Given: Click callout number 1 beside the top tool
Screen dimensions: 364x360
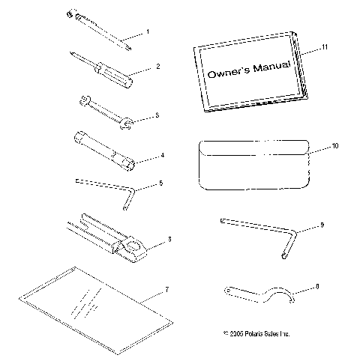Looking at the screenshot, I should click(147, 31).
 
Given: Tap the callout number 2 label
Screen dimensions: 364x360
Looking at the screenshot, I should click(157, 66).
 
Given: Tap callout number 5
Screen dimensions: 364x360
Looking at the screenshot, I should click(160, 183).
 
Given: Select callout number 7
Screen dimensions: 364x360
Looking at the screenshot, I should click(167, 288).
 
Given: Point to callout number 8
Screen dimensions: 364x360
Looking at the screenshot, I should click(317, 285).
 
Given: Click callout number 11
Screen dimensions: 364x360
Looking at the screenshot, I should click(324, 47).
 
